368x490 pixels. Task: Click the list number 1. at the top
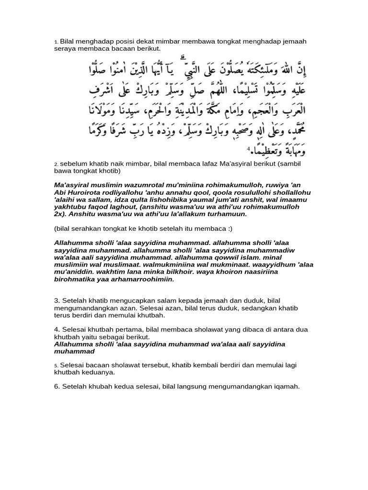[x=56, y=42]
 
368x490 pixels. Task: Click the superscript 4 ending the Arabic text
[x=248, y=150]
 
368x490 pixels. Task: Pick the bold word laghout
[x=136, y=207]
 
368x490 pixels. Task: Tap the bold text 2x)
[x=61, y=214]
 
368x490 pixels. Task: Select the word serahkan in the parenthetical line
[x=84, y=228]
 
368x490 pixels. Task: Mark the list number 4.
[x=57, y=330]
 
